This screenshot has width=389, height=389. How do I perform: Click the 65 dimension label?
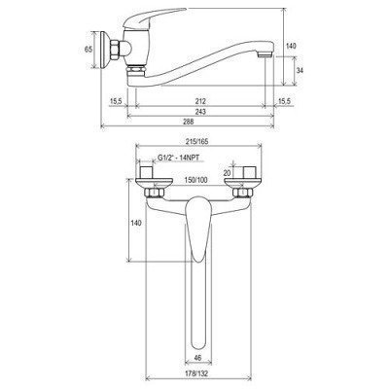[88, 50]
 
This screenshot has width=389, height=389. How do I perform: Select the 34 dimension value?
[300, 71]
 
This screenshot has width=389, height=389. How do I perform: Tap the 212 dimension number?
[200, 101]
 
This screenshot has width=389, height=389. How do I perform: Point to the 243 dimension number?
[200, 112]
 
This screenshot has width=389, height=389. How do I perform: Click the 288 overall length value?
[188, 122]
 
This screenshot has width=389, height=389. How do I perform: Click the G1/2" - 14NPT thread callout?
[178, 158]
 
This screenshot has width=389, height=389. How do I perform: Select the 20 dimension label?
[227, 173]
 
